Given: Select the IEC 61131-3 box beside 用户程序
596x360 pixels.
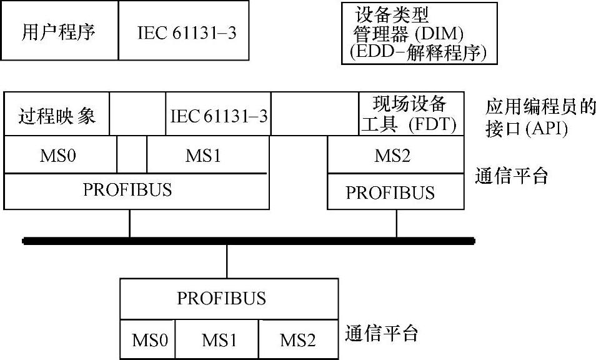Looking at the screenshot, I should (186, 31).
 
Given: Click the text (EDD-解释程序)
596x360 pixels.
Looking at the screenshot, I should (419, 52).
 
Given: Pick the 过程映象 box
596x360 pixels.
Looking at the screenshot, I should (57, 114).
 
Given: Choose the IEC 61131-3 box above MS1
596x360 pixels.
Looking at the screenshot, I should (218, 114).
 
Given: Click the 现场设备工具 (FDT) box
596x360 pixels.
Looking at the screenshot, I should (412, 114).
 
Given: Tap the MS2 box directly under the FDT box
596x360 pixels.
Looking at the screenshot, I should (396, 155).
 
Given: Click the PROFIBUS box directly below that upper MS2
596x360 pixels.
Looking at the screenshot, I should (396, 191).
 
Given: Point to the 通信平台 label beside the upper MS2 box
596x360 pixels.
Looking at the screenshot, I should (511, 176).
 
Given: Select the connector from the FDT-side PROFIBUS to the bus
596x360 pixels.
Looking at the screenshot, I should (396, 223).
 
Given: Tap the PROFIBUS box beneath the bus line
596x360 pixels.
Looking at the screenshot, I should (221, 297).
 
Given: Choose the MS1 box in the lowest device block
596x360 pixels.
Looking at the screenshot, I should (218, 340).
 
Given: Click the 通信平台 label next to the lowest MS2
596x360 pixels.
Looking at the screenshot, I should (381, 332).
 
